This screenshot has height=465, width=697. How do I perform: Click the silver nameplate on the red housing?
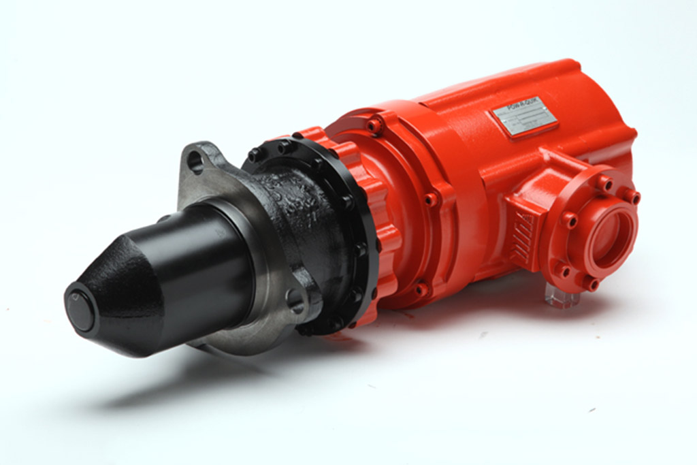525,121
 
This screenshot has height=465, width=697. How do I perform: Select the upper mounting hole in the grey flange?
195,161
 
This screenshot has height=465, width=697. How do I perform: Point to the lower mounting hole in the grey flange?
295,300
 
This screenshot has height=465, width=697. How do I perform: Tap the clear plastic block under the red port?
560,297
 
